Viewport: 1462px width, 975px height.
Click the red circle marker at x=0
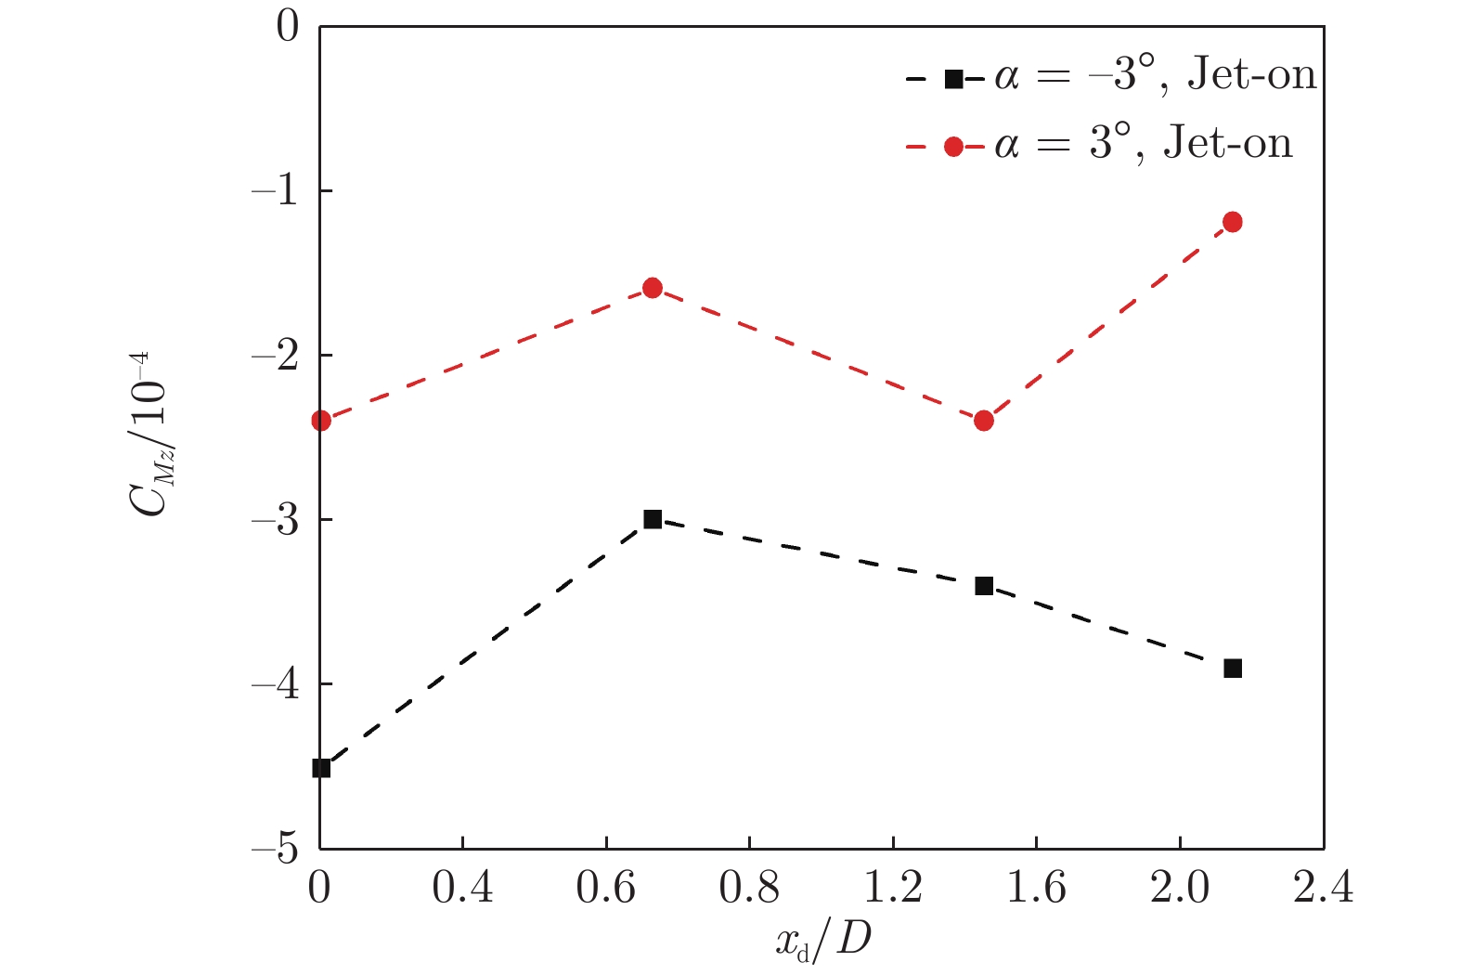pyautogui.click(x=321, y=421)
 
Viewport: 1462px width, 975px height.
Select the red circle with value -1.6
pyautogui.click(x=653, y=288)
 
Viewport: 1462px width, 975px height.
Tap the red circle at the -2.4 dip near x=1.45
pyautogui.click(x=984, y=421)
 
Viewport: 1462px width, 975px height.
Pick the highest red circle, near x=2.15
pyautogui.click(x=1233, y=222)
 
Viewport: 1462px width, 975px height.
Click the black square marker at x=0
pyautogui.click(x=321, y=768)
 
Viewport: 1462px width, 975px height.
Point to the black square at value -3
pyautogui.click(x=653, y=519)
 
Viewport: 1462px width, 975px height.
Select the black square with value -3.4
pyautogui.click(x=984, y=586)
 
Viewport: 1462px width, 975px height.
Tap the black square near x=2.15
pyautogui.click(x=1233, y=669)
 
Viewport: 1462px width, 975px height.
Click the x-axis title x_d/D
pyautogui.click(x=823, y=942)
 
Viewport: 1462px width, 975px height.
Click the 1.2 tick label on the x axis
pyautogui.click(x=893, y=890)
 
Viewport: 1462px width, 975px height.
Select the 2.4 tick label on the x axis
pyautogui.click(x=1323, y=890)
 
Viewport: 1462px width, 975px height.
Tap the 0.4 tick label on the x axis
pyautogui.click(x=462, y=890)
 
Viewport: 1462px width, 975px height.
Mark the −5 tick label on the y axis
pyautogui.click(x=275, y=849)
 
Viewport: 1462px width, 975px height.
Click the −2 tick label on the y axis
pyautogui.click(x=275, y=355)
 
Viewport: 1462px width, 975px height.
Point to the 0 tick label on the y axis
pyautogui.click(x=288, y=26)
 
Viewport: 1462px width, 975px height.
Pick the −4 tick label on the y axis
pyautogui.click(x=275, y=684)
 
